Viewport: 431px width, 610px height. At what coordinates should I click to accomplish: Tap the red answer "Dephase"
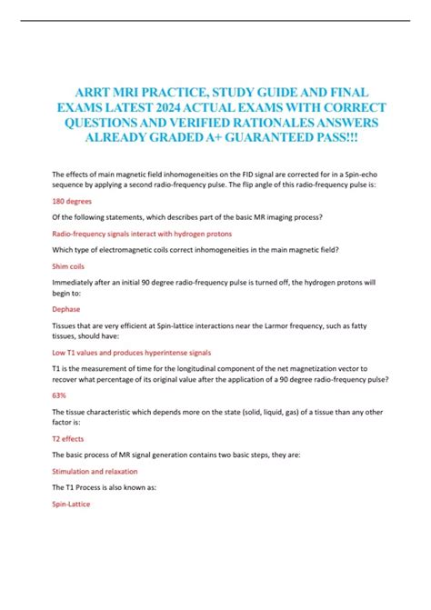tap(69, 308)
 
